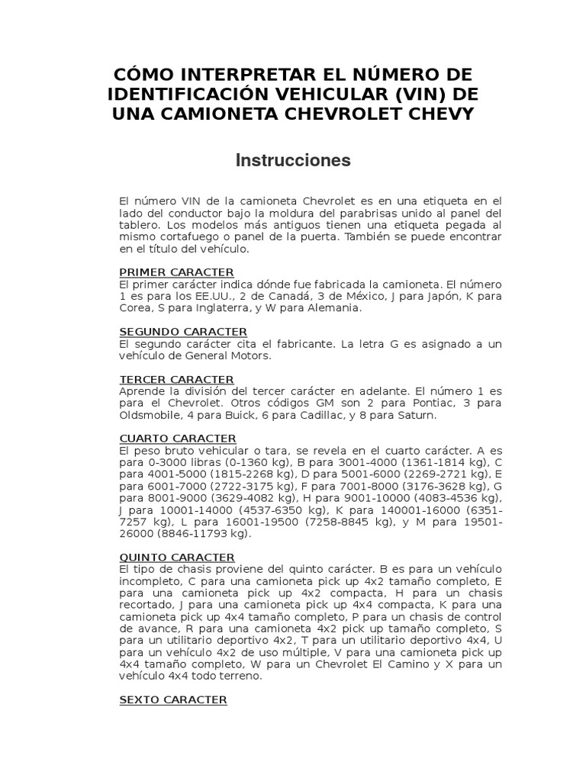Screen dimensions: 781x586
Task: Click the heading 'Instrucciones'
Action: [x=293, y=160]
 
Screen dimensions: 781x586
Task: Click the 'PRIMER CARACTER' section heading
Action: [x=176, y=272]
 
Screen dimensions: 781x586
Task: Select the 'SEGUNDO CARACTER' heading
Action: [x=183, y=332]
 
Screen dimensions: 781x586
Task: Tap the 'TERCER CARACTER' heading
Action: [x=176, y=379]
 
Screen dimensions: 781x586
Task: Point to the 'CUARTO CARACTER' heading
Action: [x=178, y=439]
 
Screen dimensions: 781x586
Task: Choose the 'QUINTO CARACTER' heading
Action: [x=177, y=558]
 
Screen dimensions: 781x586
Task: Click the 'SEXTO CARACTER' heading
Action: [x=173, y=699]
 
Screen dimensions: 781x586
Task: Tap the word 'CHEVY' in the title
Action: [x=438, y=114]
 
